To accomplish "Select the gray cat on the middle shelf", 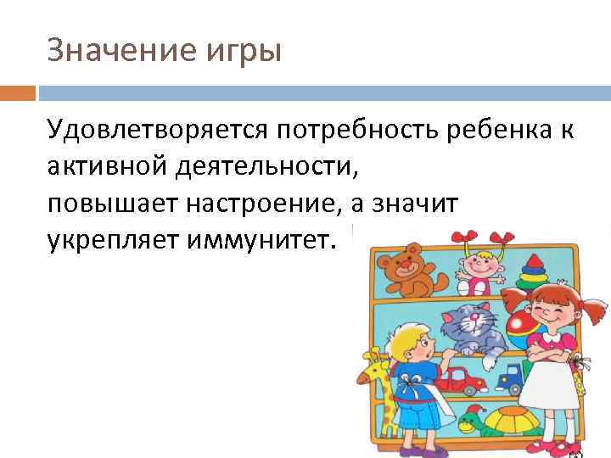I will pyautogui.click(x=475, y=327).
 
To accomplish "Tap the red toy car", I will pyautogui.click(x=461, y=375).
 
